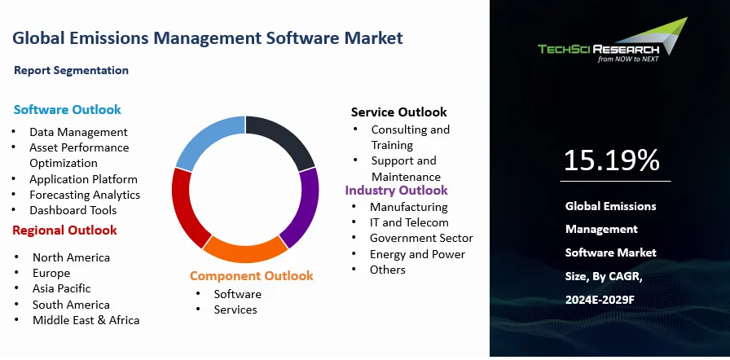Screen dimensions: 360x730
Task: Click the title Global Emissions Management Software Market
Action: (208, 37)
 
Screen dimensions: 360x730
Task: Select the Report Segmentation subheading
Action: (71, 70)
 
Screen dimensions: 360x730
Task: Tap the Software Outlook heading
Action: (68, 109)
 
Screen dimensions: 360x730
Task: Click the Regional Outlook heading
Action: (64, 230)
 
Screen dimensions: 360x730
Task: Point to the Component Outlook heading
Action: (251, 275)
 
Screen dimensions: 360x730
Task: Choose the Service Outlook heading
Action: (398, 112)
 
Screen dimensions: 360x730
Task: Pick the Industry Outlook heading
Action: (396, 190)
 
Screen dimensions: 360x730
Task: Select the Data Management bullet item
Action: (78, 131)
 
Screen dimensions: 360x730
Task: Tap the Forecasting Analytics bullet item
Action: (85, 195)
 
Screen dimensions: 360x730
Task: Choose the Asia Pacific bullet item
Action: (62, 288)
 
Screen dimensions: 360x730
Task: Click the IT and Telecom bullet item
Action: (409, 222)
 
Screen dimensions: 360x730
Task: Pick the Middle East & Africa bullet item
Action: (86, 320)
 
